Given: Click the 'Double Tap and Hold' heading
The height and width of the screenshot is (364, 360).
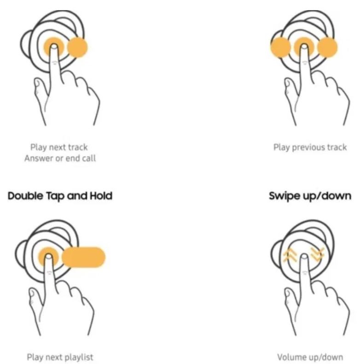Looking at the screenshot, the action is [60, 196].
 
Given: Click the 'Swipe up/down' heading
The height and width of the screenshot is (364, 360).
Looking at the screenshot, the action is [310, 196].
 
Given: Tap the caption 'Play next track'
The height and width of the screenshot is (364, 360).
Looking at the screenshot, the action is [59, 147].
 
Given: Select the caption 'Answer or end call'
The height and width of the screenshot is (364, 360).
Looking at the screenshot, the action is [60, 159].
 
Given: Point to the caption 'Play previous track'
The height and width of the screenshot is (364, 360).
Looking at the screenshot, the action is [310, 147].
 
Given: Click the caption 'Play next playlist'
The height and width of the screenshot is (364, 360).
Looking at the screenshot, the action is [60, 357].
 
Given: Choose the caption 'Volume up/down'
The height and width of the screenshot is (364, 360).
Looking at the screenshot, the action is [310, 357].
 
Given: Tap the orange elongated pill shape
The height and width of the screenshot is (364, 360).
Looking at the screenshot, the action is [83, 257].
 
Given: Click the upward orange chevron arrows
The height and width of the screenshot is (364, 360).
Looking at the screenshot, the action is [290, 255].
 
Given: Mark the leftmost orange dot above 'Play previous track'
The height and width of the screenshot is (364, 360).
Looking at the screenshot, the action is [280, 47].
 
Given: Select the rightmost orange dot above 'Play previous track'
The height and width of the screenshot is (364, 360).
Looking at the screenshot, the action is [327, 47].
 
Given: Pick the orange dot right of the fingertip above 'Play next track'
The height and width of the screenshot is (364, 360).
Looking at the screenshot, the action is [77, 47].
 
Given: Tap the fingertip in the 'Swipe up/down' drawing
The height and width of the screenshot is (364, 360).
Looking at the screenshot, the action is [304, 257].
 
